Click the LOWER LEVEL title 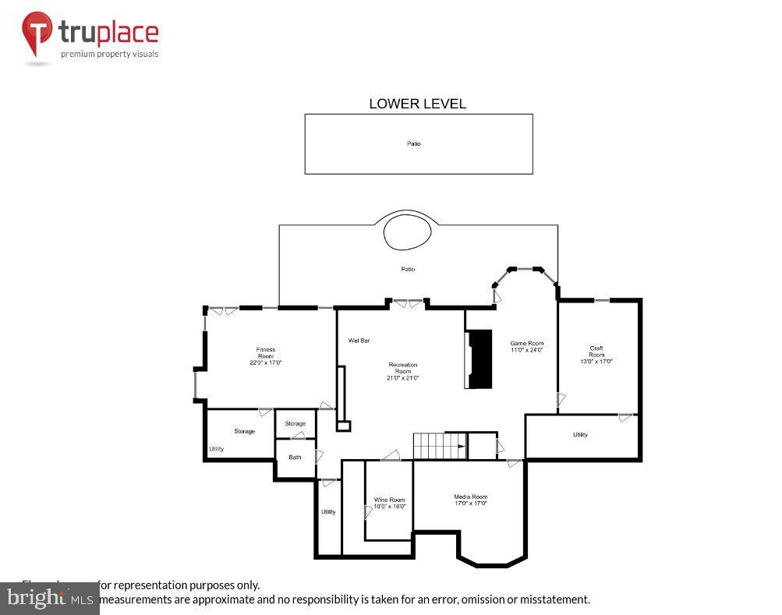click(417, 104)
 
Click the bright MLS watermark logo click(49, 599)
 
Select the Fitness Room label click(266, 356)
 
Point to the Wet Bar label click(359, 341)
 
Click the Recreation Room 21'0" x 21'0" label click(403, 371)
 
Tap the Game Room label click(527, 346)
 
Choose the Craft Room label click(596, 355)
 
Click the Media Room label click(470, 500)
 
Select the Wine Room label click(389, 503)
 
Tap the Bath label click(295, 457)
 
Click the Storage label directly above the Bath click(295, 423)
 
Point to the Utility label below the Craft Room click(580, 434)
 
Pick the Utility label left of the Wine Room click(328, 511)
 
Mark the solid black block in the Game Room click(479, 359)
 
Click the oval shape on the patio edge click(407, 232)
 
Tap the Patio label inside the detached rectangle click(413, 143)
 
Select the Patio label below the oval click(408, 269)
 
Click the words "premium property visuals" click(110, 54)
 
